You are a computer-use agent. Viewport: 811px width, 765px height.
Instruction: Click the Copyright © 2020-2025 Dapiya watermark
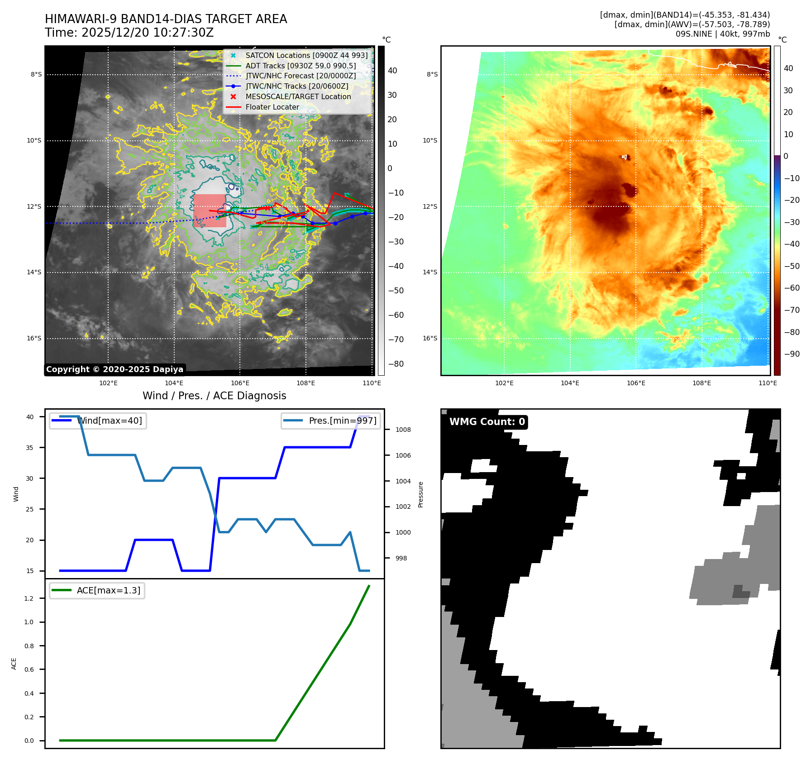click(x=114, y=369)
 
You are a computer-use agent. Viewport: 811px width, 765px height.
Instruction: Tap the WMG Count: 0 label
click(x=487, y=422)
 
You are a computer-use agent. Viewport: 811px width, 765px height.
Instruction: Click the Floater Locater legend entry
click(x=272, y=107)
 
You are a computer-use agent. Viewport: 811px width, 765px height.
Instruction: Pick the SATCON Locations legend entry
click(x=306, y=55)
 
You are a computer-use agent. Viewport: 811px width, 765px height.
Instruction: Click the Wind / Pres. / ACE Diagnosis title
click(x=214, y=396)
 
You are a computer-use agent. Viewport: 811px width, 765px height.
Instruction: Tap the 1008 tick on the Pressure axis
click(x=403, y=430)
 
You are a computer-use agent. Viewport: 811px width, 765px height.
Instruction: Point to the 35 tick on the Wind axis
click(x=30, y=448)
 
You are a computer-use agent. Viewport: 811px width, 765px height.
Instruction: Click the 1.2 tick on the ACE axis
click(x=29, y=598)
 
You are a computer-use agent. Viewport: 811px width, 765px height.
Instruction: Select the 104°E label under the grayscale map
click(x=174, y=383)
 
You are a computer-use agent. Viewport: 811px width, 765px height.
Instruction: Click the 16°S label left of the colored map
click(x=430, y=338)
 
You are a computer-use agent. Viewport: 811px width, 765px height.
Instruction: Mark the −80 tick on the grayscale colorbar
click(x=396, y=364)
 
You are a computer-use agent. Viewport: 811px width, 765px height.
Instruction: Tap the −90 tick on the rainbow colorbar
click(x=792, y=354)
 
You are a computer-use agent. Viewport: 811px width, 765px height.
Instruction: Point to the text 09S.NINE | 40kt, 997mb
click(x=722, y=34)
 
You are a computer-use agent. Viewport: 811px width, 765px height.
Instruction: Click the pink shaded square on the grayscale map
click(x=209, y=210)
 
